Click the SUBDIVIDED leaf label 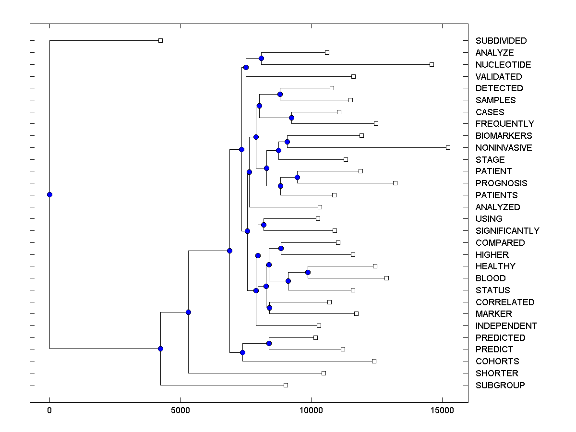coord(501,41)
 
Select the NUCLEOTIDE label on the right coord(503,65)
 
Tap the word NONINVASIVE coord(504,148)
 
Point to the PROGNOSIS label coord(501,183)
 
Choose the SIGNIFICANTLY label coord(507,231)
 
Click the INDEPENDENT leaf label coord(506,326)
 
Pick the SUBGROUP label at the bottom coord(500,385)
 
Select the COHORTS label coord(497,361)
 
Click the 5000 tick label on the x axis coord(180,410)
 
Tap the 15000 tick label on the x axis coord(443,410)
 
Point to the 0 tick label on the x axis coord(49,410)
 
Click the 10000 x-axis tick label coord(312,410)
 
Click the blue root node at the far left coord(49,194)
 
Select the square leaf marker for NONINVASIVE coord(448,147)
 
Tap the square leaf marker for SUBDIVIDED coord(161,40)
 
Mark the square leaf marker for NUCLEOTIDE coord(432,64)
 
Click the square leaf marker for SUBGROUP coord(286,385)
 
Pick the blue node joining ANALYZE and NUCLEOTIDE coord(261,59)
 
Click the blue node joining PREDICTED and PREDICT coord(269,343)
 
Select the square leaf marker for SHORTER coord(324,373)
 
